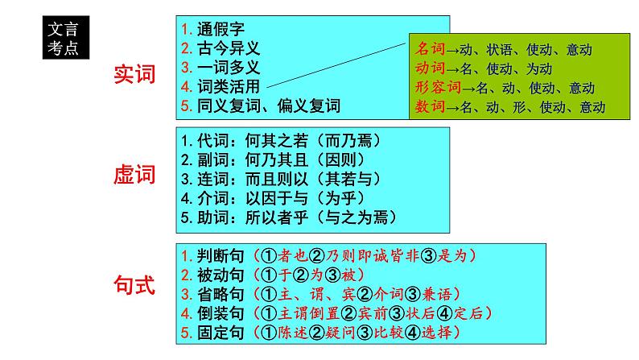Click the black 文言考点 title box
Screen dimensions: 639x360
pos(66,38)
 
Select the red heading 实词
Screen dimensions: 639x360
pos(134,74)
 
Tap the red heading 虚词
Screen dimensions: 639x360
pos(134,175)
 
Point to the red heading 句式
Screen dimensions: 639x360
pos(134,285)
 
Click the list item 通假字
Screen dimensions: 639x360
pos(221,29)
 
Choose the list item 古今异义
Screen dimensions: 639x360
pos(229,48)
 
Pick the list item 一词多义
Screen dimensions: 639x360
pos(229,68)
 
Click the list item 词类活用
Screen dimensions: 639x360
pos(229,86)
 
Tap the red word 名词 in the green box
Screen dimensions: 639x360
pos(430,49)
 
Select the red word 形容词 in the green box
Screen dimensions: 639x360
pos(438,87)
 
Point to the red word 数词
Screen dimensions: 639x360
pos(430,106)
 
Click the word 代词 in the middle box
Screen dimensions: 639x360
pos(212,141)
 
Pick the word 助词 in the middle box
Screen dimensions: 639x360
pos(212,217)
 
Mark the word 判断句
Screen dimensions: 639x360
pos(221,256)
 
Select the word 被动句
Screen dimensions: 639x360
pos(221,275)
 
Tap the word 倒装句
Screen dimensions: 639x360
pos(221,313)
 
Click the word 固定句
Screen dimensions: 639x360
pos(221,333)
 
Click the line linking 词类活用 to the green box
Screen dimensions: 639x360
pos(336,65)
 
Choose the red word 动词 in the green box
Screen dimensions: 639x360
pos(430,68)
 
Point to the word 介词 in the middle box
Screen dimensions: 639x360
pos(212,199)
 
